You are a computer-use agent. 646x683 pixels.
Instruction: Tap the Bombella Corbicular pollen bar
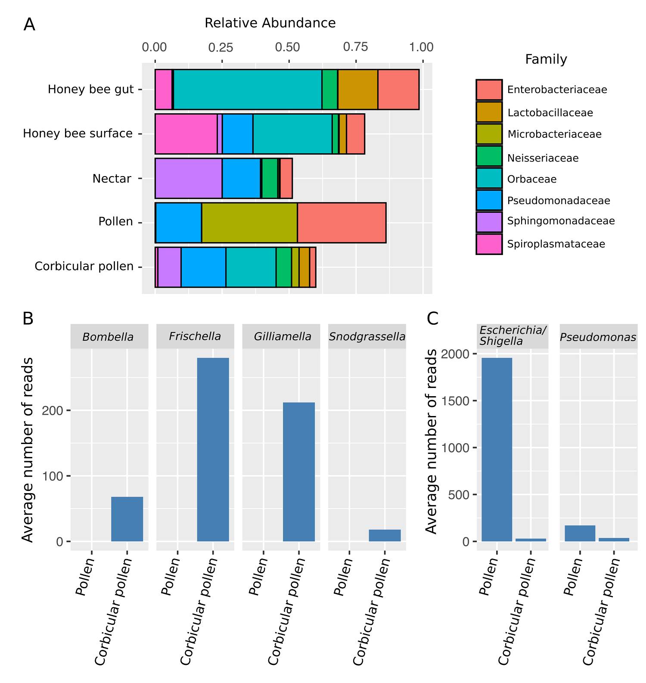pyautogui.click(x=127, y=519)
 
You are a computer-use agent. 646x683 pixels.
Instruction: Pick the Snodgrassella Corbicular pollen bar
pyautogui.click(x=385, y=535)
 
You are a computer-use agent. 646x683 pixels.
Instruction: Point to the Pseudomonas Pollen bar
pyautogui.click(x=580, y=533)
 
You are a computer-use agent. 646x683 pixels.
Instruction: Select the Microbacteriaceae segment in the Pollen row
pyautogui.click(x=249, y=223)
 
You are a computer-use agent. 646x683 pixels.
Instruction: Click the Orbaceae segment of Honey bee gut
pyautogui.click(x=248, y=90)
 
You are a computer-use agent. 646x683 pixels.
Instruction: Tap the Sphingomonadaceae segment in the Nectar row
pyautogui.click(x=189, y=178)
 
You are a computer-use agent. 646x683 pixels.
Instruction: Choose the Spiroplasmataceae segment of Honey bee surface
pyautogui.click(x=186, y=134)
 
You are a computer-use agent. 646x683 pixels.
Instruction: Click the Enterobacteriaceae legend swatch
pyautogui.click(x=489, y=90)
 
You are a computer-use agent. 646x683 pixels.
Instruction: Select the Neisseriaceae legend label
pyautogui.click(x=543, y=158)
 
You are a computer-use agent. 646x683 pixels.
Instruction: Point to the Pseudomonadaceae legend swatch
pyautogui.click(x=489, y=200)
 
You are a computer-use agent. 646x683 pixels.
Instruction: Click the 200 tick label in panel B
pyautogui.click(x=53, y=410)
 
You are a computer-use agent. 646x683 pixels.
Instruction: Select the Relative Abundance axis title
pyautogui.click(x=270, y=23)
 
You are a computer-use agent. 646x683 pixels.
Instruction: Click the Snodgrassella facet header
pyautogui.click(x=367, y=336)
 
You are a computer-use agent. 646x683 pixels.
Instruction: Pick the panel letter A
pyautogui.click(x=29, y=25)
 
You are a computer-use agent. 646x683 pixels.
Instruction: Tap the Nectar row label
pyautogui.click(x=112, y=178)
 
